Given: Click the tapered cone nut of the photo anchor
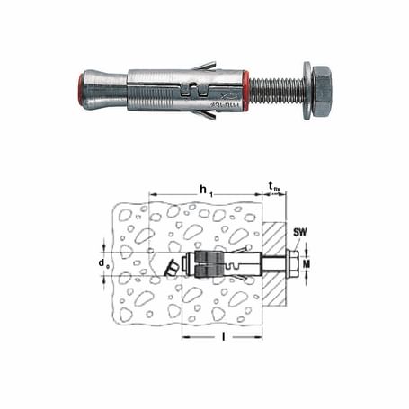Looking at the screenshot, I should [x=106, y=87].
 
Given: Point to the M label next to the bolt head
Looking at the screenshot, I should [x=306, y=265].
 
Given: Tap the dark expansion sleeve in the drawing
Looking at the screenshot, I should [x=203, y=265].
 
